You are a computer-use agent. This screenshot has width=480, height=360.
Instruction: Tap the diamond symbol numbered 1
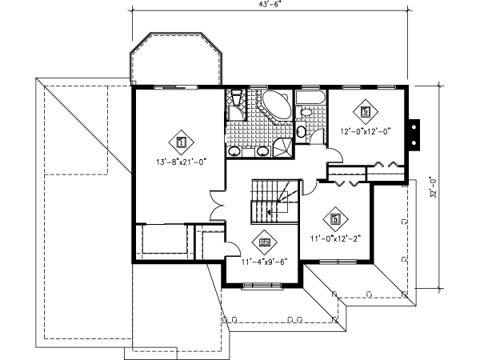(x=181, y=142)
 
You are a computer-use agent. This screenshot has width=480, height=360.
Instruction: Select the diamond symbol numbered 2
(x=365, y=112)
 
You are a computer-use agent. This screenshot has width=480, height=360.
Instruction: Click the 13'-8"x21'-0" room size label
(x=181, y=161)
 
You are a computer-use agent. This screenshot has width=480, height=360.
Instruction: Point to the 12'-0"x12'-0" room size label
(x=365, y=132)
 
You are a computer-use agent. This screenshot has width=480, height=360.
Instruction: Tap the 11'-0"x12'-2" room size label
(x=335, y=238)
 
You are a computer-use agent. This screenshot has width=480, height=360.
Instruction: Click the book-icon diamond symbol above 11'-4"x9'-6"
(x=265, y=241)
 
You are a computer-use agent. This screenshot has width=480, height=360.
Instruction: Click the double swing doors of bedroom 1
(x=217, y=206)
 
